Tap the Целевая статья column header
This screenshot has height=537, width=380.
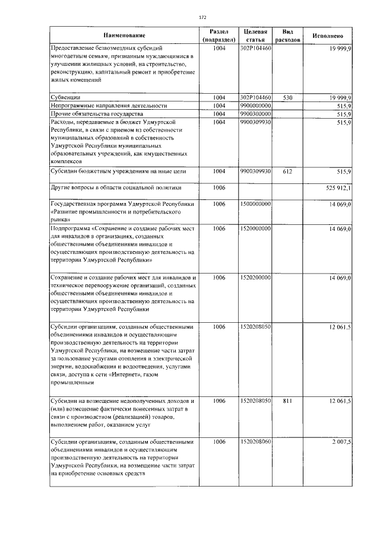pyautogui.click(x=255, y=36)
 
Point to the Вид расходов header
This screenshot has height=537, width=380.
pyautogui.click(x=287, y=36)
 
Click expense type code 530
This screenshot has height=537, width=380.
pyautogui.click(x=287, y=97)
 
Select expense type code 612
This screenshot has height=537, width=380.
pyautogui.click(x=287, y=171)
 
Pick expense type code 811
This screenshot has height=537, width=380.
pyautogui.click(x=287, y=402)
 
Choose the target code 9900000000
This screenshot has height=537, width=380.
pyautogui.click(x=256, y=105)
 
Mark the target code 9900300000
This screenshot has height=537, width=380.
pyautogui.click(x=256, y=113)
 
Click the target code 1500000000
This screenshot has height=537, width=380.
pyautogui.click(x=256, y=204)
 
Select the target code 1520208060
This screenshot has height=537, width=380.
pyautogui.click(x=256, y=442)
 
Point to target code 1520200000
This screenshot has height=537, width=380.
pyautogui.click(x=256, y=278)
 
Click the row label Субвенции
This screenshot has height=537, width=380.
pyautogui.click(x=65, y=97)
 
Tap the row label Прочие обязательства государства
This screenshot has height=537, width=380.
pyautogui.click(x=95, y=113)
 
